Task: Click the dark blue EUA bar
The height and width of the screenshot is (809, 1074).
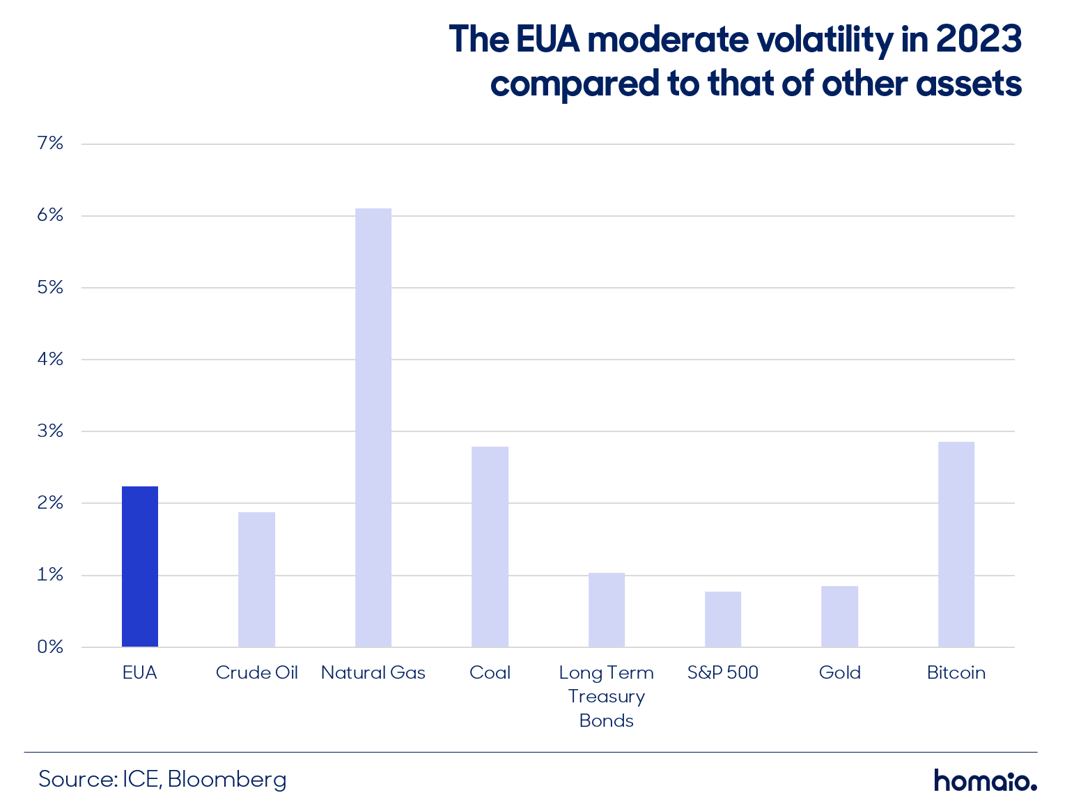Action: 140,567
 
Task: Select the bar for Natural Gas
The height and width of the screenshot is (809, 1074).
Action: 373,427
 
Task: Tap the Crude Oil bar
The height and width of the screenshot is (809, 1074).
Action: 256,580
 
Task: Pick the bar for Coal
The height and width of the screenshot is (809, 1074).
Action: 490,547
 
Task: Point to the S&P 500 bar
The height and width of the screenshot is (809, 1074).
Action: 723,619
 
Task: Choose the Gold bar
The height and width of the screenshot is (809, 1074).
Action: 839,616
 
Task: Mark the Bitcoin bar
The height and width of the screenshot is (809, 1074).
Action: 956,544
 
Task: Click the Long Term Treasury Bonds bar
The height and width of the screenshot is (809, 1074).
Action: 607,609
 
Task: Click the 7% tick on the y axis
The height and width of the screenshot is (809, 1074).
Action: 50,143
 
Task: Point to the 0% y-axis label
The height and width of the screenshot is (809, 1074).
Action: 50,647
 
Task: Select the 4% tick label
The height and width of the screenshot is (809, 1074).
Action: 50,360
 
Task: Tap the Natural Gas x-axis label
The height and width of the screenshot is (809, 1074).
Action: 373,672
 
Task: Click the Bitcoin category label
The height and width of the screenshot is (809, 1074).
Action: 956,672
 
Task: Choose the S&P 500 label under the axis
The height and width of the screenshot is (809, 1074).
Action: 723,672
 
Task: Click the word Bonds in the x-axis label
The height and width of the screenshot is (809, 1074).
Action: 606,721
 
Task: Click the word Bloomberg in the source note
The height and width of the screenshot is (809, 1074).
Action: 226,780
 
